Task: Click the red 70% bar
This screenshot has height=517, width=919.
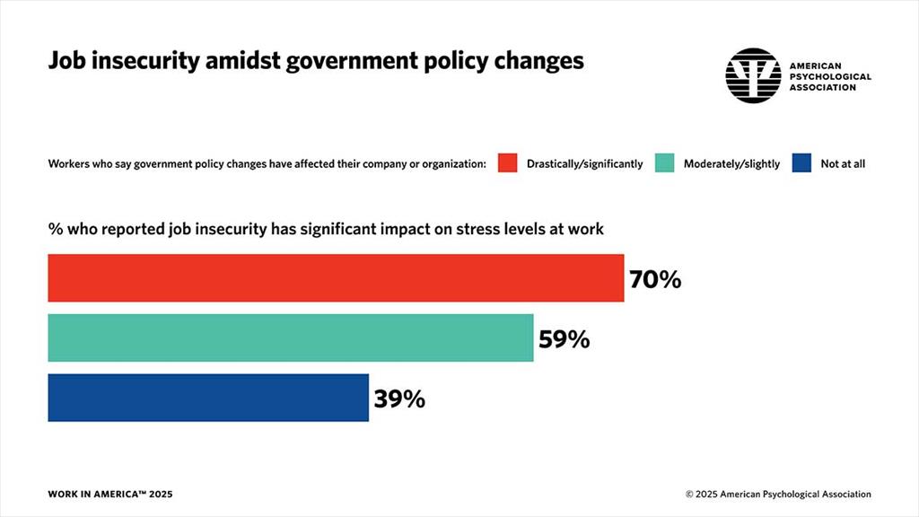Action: click(x=336, y=278)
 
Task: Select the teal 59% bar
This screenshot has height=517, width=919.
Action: click(x=290, y=338)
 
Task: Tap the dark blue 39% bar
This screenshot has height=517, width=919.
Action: click(x=208, y=398)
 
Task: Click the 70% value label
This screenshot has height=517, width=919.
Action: click(x=655, y=279)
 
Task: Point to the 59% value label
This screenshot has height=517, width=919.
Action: click(x=564, y=339)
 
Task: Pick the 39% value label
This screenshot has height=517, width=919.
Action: click(x=399, y=399)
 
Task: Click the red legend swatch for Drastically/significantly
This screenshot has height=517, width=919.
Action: click(x=508, y=163)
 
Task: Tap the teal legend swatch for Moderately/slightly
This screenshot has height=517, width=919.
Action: click(x=665, y=163)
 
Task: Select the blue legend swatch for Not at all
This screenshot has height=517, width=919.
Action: click(x=802, y=163)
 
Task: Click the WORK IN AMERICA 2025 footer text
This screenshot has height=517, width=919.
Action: click(x=110, y=495)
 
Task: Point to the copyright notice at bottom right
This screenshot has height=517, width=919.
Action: click(x=778, y=495)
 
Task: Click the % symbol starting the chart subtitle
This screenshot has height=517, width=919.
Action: click(x=55, y=229)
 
